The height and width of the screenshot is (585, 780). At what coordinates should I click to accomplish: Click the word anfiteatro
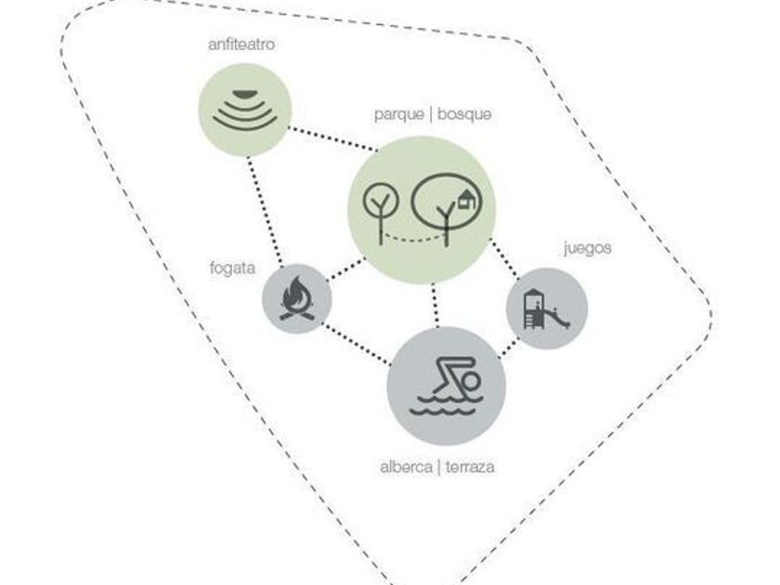241,45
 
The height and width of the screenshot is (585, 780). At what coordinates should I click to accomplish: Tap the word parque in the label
399,115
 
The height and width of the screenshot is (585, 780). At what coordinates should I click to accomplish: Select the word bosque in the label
464,114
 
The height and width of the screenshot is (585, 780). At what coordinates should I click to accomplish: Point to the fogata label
232,268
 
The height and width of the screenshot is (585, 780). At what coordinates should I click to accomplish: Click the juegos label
588,248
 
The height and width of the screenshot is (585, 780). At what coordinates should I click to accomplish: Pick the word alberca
406,468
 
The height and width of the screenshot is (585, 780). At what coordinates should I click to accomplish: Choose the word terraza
470,468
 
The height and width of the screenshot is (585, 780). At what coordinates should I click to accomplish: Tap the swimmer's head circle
471,382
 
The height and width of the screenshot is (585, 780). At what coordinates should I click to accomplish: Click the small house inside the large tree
466,200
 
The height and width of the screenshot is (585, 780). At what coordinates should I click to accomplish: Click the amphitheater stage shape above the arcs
244,94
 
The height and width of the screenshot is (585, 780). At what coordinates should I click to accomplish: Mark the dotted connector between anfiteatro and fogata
265,211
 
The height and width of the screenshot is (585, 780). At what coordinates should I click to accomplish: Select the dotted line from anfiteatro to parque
332,138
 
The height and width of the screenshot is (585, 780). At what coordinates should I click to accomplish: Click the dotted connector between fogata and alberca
357,344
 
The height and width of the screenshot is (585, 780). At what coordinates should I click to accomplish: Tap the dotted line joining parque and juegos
504,258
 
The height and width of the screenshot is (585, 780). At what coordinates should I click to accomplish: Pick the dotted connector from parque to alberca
435,305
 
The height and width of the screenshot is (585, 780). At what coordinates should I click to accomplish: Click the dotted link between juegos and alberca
509,347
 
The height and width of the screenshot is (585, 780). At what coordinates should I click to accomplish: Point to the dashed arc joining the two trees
413,240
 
